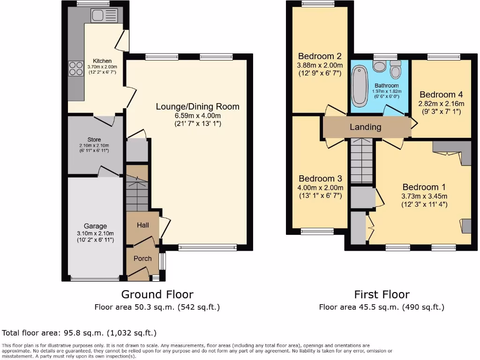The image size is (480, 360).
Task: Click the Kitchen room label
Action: (102, 61)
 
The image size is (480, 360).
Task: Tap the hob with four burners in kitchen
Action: (75, 69)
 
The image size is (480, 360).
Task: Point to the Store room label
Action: (94, 140)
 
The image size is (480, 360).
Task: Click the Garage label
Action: (96, 226)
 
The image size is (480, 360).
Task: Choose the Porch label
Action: (142, 258)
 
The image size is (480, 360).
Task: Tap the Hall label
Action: (142, 225)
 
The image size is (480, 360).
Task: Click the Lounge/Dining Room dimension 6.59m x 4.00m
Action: (197, 115)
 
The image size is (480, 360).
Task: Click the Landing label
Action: (366, 127)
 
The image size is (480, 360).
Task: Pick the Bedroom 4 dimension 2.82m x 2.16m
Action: (441, 104)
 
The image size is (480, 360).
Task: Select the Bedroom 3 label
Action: (320, 179)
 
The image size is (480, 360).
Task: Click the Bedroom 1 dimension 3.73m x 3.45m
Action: (424, 196)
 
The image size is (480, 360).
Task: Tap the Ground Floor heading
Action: (157, 294)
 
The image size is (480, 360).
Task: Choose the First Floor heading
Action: (382, 294)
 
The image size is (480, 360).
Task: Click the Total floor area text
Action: (79, 333)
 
